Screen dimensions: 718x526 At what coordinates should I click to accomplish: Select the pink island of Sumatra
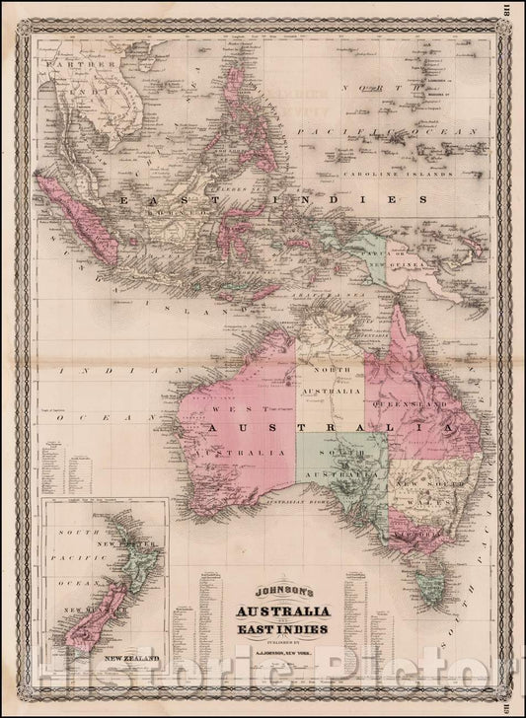(78, 211)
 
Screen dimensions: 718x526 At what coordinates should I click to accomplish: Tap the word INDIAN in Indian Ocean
(88, 370)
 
